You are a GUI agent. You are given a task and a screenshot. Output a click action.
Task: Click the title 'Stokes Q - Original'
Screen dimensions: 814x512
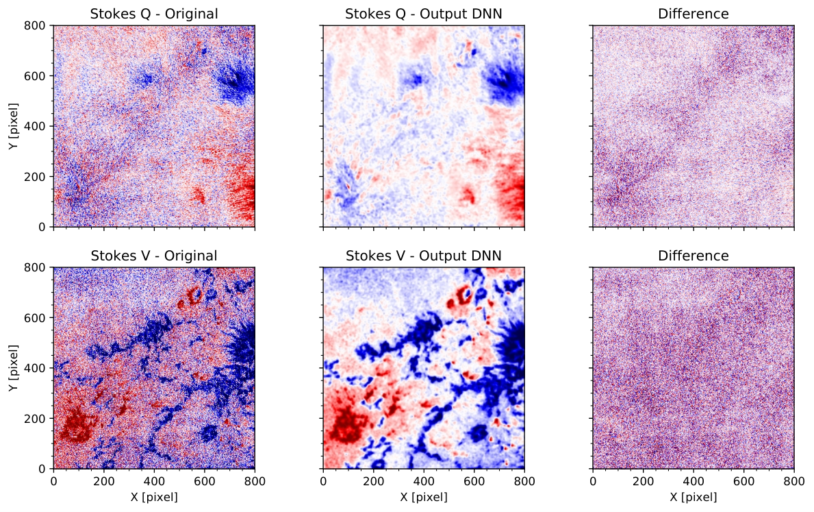click(154, 14)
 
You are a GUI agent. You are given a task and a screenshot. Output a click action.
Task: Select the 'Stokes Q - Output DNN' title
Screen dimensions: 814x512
click(424, 14)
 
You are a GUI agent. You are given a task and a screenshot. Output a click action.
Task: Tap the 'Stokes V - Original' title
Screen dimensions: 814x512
click(154, 256)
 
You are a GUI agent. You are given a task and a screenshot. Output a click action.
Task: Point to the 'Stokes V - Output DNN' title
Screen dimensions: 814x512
click(424, 256)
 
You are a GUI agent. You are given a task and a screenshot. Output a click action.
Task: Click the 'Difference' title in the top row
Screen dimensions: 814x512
click(693, 14)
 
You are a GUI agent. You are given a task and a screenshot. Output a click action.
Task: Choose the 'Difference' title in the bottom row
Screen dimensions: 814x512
click(693, 256)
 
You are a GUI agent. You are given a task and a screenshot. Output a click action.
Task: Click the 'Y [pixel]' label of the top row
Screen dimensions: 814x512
click(14, 126)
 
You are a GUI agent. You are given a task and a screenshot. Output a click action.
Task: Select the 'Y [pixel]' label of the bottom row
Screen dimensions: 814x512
click(14, 368)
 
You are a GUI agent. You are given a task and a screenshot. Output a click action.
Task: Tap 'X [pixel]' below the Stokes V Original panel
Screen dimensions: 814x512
click(154, 498)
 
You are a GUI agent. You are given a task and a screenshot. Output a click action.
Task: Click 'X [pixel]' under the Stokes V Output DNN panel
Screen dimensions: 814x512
click(424, 498)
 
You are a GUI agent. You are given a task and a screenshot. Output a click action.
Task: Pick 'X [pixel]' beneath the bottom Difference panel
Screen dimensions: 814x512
click(693, 498)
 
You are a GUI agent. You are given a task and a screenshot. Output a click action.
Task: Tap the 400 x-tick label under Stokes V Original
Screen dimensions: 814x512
click(154, 482)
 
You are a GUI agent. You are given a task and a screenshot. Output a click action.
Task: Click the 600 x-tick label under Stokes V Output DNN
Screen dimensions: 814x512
click(474, 482)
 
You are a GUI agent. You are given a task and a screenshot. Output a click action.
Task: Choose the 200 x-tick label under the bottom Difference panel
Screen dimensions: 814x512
click(644, 482)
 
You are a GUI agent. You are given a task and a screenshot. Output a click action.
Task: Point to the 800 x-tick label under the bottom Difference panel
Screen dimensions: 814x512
click(794, 482)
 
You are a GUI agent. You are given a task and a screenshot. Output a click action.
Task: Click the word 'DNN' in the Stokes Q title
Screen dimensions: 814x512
click(487, 14)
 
